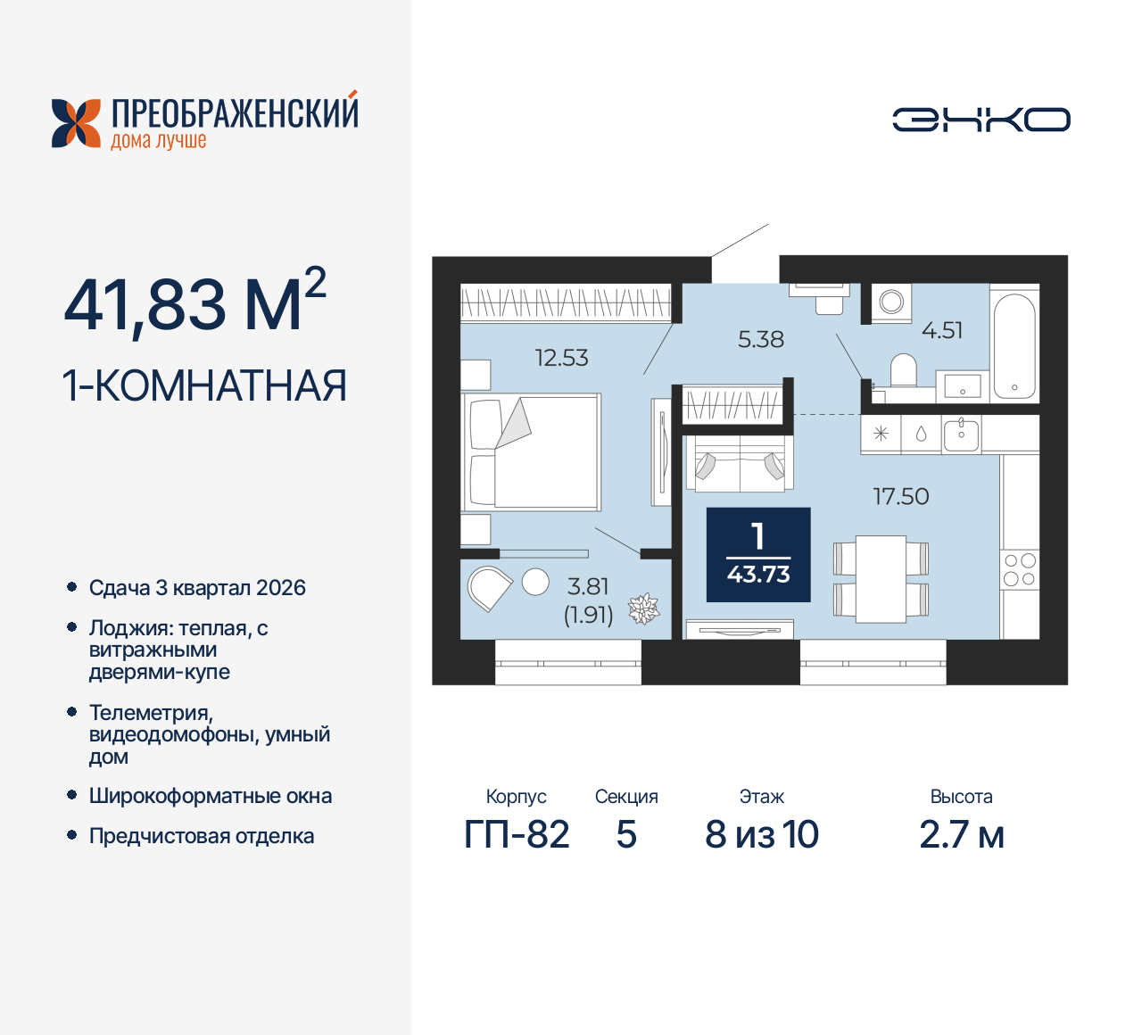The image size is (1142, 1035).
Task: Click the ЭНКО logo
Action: (981, 120)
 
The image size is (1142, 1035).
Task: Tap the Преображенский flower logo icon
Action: (76, 123)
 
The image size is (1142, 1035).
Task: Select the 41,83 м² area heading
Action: (194, 303)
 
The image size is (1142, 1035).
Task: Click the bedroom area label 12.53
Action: (561, 358)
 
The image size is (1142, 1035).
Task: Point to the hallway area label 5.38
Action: (760, 339)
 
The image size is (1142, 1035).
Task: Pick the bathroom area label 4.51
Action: (941, 330)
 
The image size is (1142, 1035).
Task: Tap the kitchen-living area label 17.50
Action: (900, 496)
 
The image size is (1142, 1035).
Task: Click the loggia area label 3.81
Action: (588, 586)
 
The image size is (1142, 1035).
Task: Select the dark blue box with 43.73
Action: (758, 555)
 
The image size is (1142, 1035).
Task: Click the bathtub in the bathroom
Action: (1014, 344)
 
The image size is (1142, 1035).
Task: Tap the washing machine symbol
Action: (890, 302)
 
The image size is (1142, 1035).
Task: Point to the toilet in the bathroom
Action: (904, 369)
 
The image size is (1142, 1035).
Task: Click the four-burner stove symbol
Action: (1019, 569)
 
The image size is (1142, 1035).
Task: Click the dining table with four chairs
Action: (881, 578)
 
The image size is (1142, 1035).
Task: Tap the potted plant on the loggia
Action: (643, 609)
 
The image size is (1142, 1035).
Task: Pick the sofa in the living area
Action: (739, 463)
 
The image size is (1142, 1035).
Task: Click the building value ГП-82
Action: (517, 835)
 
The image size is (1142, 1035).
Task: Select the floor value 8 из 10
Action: (761, 835)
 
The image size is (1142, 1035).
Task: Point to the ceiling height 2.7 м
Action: (961, 835)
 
